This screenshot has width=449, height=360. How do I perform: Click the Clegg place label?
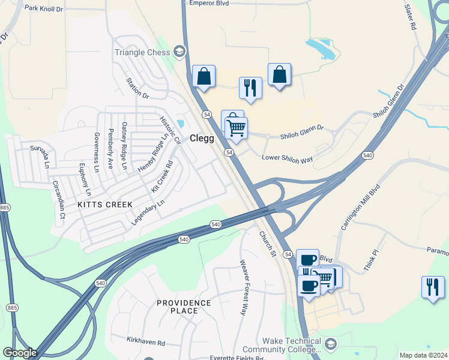pyautogui.click(x=202, y=138)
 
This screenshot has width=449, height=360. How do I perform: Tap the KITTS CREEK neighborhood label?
pyautogui.click(x=105, y=205)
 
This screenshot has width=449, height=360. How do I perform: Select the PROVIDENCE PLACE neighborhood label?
pyautogui.click(x=184, y=307)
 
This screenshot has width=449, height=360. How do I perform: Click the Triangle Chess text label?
pyautogui.click(x=142, y=52)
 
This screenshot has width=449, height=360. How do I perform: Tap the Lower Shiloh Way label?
pyautogui.click(x=288, y=158)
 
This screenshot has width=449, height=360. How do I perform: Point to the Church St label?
pyautogui.click(x=267, y=244)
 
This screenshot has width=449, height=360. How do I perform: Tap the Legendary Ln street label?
pyautogui.click(x=148, y=213)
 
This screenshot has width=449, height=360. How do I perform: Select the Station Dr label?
pyautogui.click(x=137, y=88)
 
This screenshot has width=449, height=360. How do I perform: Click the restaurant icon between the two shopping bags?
pyautogui.click(x=250, y=87)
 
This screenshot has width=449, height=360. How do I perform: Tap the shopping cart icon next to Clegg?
pyautogui.click(x=237, y=127)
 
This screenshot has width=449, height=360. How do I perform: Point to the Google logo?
pyautogui.click(x=20, y=353)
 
